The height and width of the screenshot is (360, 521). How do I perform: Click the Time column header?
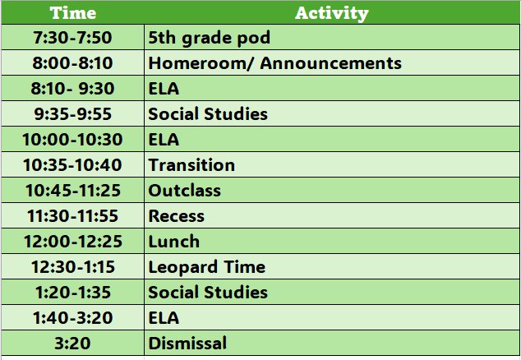click(73, 13)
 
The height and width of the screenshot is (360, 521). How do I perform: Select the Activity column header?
click(332, 13)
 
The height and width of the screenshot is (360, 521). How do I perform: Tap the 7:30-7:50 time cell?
click(72, 37)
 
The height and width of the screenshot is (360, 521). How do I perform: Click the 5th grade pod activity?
click(209, 38)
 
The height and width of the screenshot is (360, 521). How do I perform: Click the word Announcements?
click(331, 62)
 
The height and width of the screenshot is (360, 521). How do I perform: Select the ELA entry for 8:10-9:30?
click(164, 89)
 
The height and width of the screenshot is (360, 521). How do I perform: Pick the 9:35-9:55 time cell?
click(72, 114)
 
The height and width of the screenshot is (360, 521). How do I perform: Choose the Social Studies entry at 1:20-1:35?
click(208, 292)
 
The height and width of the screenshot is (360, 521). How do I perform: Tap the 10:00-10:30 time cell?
click(72, 139)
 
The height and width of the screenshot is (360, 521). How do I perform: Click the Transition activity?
click(191, 165)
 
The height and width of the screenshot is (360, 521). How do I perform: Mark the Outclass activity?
click(184, 191)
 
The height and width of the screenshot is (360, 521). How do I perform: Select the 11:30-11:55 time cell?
click(72, 216)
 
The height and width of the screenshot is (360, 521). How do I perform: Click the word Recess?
click(176, 216)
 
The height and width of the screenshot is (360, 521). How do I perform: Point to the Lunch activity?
click(173, 242)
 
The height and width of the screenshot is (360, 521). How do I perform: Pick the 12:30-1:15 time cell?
click(72, 267)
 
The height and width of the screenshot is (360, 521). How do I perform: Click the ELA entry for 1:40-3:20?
click(164, 318)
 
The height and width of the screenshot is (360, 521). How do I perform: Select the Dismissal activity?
click(187, 343)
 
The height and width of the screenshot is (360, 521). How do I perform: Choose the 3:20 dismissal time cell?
click(72, 343)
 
